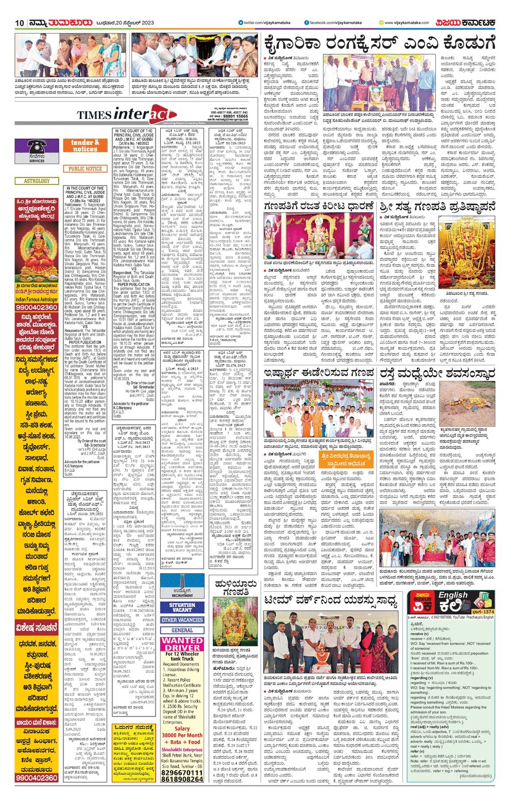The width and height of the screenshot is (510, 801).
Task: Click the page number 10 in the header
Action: pos(20,23)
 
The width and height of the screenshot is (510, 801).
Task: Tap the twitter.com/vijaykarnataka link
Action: pos(264,23)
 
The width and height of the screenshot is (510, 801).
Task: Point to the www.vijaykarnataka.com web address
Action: pos(406,23)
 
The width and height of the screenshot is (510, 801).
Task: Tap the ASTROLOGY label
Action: pos(37,181)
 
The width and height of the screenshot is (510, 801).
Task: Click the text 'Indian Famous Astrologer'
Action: pos(37,299)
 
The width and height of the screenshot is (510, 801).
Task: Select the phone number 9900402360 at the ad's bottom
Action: pos(37,777)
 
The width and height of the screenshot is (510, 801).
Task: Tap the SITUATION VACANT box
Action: pos(182,607)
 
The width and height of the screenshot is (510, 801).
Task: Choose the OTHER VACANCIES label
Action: pos(182,620)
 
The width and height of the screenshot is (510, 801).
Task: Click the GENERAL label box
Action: pos(182,630)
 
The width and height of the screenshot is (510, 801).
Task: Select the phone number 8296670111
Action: pos(182,773)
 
